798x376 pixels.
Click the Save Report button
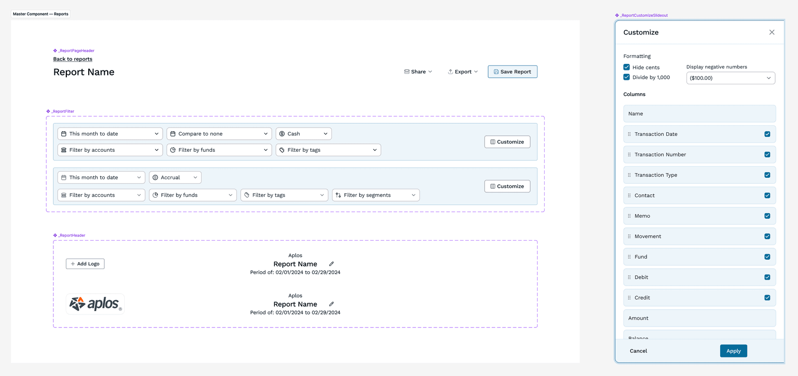[512, 72]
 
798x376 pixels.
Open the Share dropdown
[418, 72]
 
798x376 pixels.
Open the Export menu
[463, 72]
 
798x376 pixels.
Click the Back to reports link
[73, 59]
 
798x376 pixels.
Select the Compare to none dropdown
[219, 134]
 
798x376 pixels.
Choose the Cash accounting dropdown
[304, 134]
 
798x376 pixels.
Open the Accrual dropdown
[175, 177]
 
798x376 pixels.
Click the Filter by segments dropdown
[376, 195]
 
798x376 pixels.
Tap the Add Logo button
[85, 264]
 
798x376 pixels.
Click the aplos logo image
[95, 304]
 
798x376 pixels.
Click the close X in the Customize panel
[772, 32]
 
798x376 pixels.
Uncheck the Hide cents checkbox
[626, 67]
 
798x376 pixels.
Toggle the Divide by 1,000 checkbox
[626, 77]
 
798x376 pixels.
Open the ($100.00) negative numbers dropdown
[731, 78]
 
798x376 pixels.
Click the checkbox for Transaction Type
[768, 175]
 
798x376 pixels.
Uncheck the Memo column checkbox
[768, 216]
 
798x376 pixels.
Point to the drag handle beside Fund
[629, 257]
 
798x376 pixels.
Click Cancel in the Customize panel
[638, 351]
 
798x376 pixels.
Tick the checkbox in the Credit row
[768, 298]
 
